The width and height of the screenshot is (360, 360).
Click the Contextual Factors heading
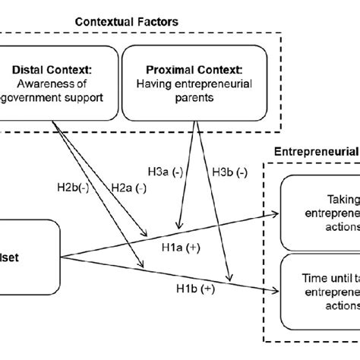click(126, 22)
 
